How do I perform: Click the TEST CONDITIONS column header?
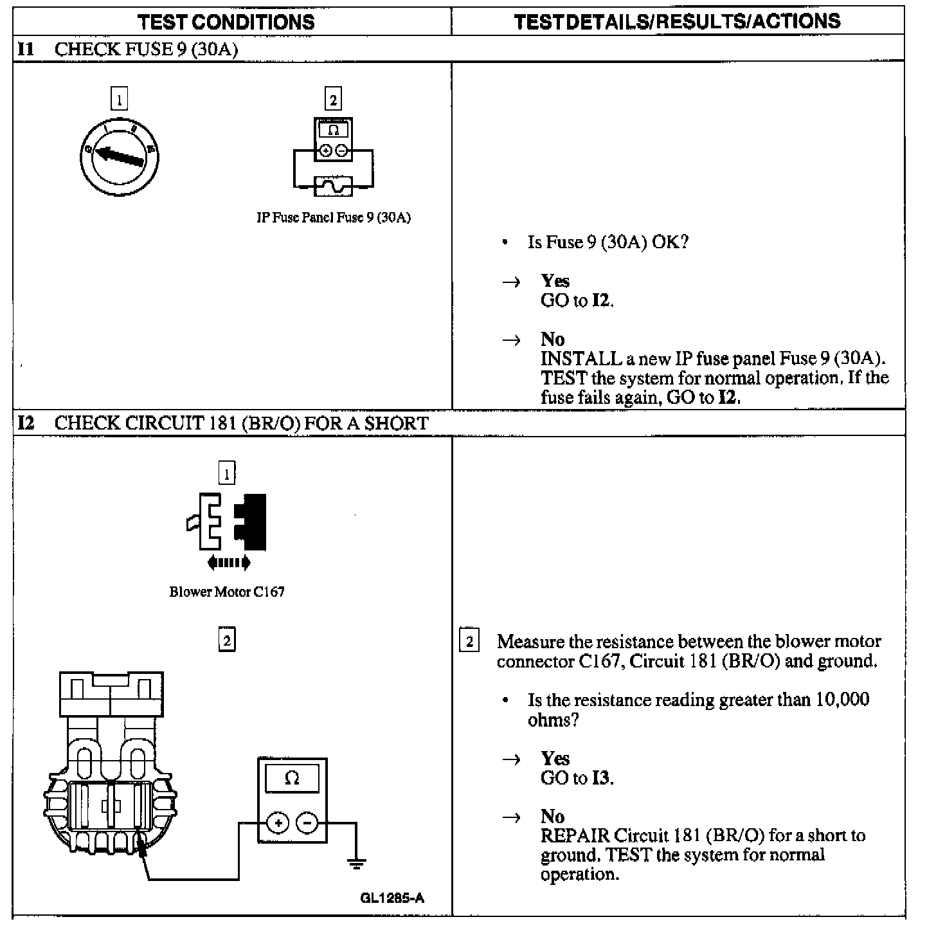click(x=226, y=22)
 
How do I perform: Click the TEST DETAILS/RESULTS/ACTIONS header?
click(x=678, y=21)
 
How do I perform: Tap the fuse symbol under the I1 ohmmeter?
click(x=333, y=186)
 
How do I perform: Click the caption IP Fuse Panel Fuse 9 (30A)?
click(x=334, y=217)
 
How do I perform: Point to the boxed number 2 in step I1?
click(x=332, y=100)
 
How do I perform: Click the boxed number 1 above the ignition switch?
click(x=119, y=100)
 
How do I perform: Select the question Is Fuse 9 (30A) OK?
click(x=607, y=242)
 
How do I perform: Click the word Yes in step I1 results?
click(x=555, y=281)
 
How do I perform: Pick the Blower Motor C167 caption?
click(x=227, y=592)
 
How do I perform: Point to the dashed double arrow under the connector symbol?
click(x=229, y=563)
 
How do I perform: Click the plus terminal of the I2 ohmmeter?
click(x=278, y=823)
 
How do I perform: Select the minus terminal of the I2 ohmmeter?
click(x=307, y=823)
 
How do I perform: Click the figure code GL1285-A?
click(x=392, y=898)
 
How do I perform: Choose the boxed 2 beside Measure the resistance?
click(x=469, y=641)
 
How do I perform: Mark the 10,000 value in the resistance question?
click(x=842, y=700)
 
